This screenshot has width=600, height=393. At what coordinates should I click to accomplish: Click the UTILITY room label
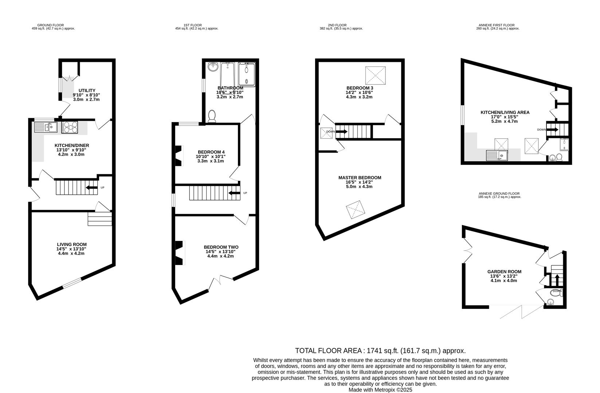87,91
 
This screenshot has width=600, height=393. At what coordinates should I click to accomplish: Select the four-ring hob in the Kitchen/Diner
70,127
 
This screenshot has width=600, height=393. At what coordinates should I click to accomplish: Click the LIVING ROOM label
72,245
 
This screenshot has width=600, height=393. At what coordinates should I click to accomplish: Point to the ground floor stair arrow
91,188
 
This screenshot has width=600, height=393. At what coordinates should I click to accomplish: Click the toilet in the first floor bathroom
212,116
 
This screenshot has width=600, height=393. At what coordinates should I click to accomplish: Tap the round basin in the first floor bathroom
213,67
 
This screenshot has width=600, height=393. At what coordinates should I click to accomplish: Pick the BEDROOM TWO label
221,247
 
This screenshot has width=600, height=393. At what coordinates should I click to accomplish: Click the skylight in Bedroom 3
375,75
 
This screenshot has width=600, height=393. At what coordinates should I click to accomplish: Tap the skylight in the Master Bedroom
355,210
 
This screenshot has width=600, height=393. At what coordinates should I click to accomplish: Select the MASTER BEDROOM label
360,178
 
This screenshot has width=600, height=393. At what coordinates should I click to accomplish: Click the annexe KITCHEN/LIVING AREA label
505,112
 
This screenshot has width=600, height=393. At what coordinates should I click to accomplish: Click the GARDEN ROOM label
504,272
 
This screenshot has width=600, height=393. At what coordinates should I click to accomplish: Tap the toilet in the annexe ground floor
550,302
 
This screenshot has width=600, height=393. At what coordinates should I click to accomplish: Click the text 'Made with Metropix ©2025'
380,389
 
